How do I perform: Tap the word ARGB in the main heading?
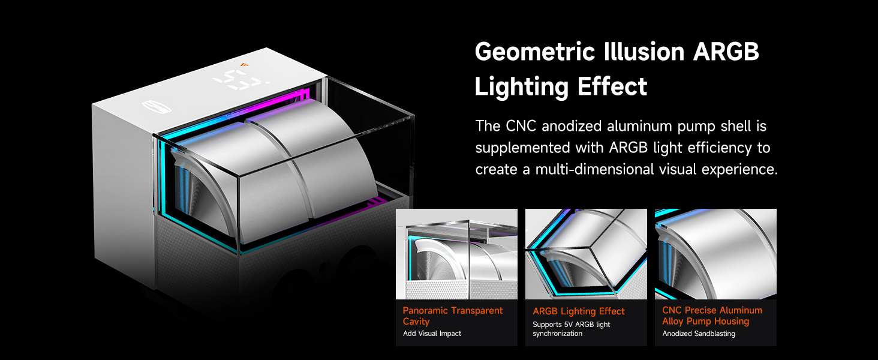(x=726, y=52)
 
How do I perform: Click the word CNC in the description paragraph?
(x=521, y=126)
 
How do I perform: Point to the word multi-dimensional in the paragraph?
(x=594, y=169)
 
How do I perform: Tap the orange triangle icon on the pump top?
(x=245, y=64)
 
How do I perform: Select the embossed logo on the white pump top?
(x=157, y=107)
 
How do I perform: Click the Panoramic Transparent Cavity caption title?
(x=452, y=316)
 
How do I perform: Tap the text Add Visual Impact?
(x=432, y=334)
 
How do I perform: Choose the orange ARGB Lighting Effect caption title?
(x=579, y=311)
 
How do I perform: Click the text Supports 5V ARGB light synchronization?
(x=571, y=329)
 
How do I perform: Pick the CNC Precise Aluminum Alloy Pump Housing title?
(x=712, y=316)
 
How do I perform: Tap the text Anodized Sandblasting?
(x=699, y=334)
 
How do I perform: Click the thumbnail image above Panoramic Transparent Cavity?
(x=456, y=254)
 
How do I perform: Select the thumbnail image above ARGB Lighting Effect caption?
(x=586, y=254)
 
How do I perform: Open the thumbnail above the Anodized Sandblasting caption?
(x=715, y=254)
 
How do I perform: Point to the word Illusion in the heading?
(x=644, y=52)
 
